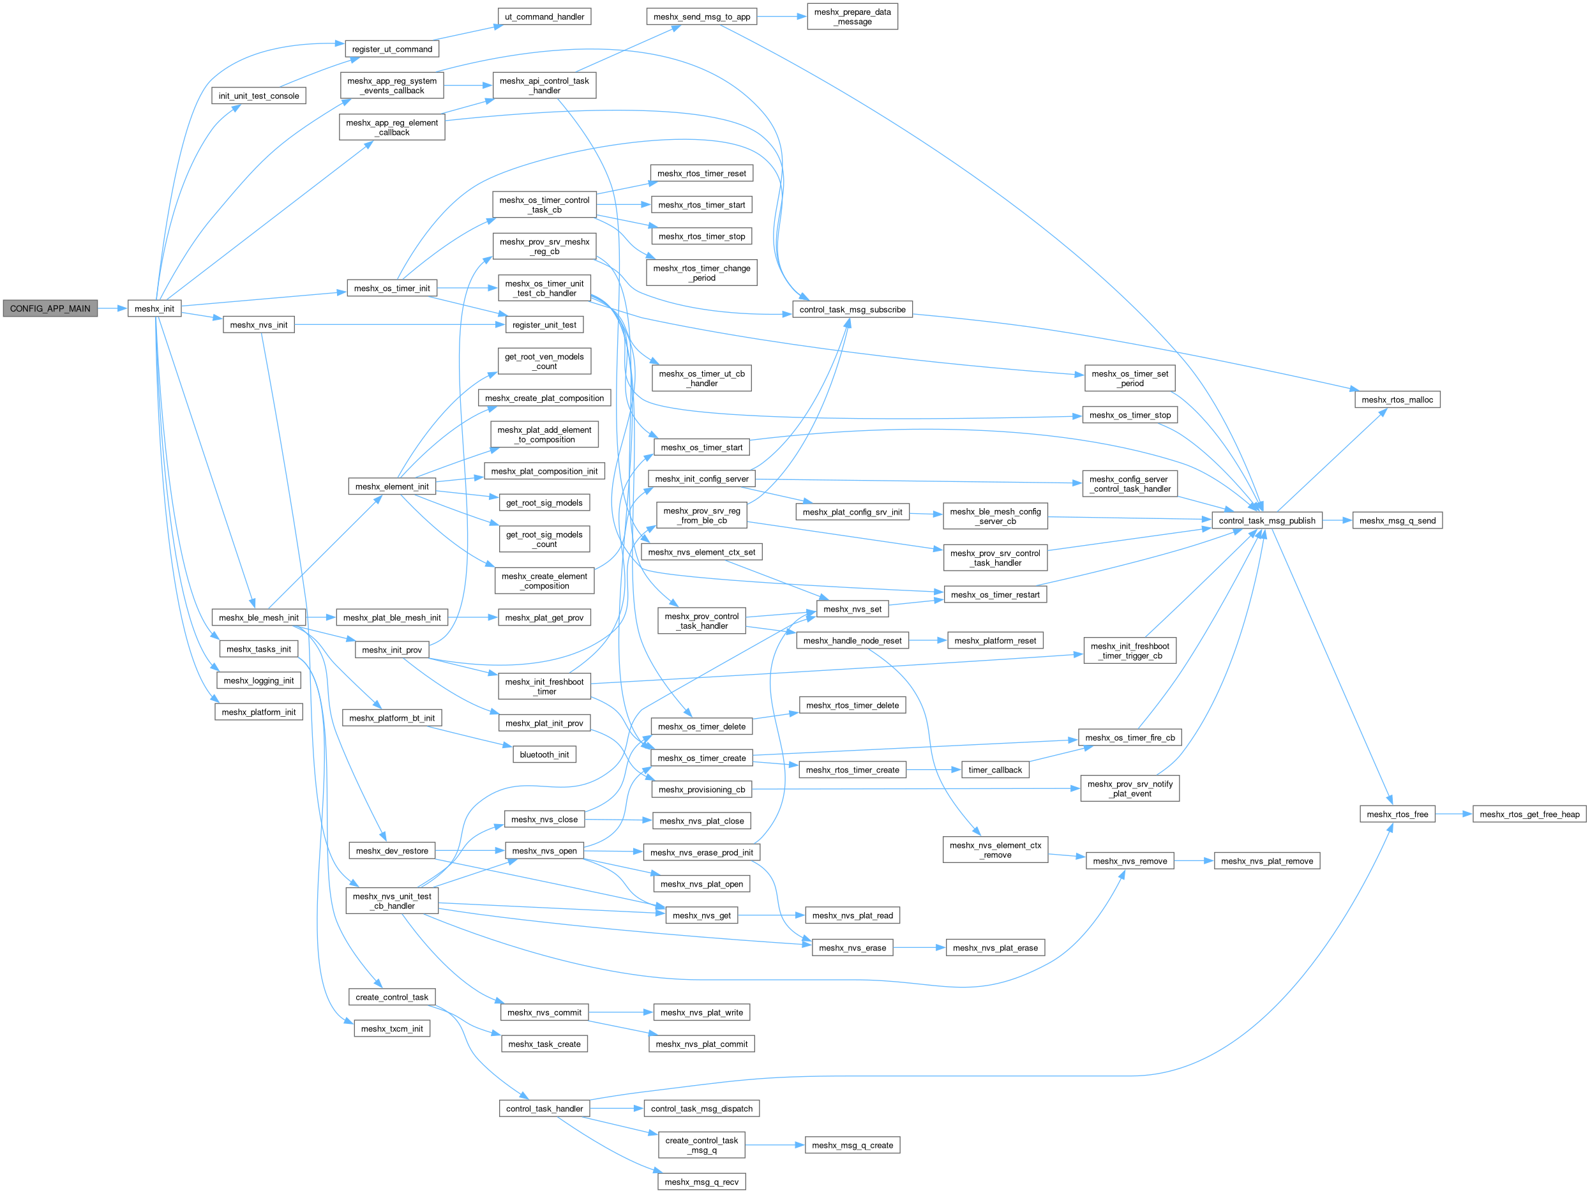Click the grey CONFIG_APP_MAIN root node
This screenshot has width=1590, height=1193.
[x=50, y=308]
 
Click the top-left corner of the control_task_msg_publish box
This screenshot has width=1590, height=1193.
[x=1213, y=513]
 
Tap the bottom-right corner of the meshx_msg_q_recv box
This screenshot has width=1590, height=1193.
[x=746, y=1189]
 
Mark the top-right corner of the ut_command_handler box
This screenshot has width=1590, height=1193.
[x=591, y=9]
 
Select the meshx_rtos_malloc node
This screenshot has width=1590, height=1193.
[x=1397, y=400]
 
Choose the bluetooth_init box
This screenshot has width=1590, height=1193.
[x=544, y=754]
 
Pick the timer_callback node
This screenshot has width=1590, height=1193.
[x=995, y=770]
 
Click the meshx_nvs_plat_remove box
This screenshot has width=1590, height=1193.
[x=1266, y=861]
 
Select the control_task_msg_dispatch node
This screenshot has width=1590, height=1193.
[x=701, y=1109]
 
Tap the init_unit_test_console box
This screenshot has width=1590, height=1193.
[x=259, y=96]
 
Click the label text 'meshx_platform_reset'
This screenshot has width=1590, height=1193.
[x=995, y=640]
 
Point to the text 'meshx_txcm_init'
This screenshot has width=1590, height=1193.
[x=392, y=1028]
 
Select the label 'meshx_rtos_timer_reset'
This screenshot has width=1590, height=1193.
[x=701, y=173]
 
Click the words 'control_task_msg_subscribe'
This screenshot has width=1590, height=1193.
[x=853, y=310]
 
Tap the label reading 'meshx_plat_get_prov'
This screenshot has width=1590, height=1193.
[x=544, y=617]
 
